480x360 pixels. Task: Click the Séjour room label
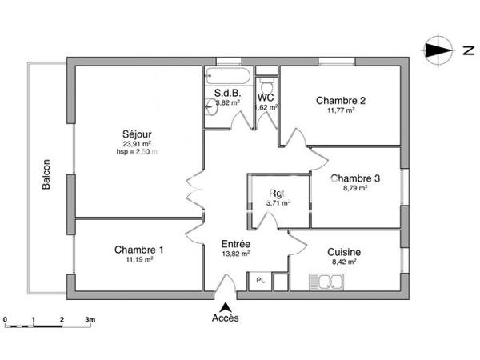(138, 134)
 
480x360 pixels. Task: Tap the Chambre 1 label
(138, 250)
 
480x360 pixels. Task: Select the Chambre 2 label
(341, 101)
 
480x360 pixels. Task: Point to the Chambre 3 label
(355, 178)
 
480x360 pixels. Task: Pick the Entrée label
(236, 244)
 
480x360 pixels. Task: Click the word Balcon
(47, 174)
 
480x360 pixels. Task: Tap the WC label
(266, 97)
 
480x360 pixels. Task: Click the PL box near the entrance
(260, 281)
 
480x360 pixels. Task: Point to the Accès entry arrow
(226, 306)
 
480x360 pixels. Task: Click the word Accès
(226, 318)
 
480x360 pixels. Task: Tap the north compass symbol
(437, 51)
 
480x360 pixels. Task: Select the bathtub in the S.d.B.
(228, 78)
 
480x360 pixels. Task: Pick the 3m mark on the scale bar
(90, 320)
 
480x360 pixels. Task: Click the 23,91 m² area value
(137, 144)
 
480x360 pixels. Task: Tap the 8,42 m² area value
(345, 261)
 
